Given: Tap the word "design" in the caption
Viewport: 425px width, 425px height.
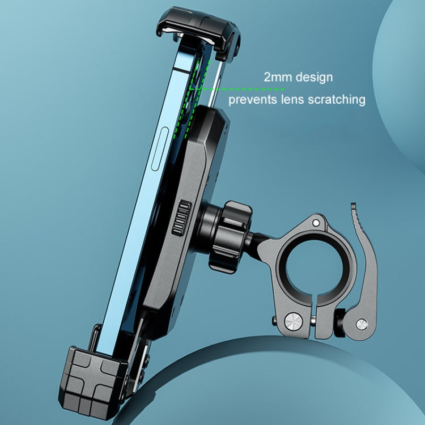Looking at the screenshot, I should (x=313, y=78).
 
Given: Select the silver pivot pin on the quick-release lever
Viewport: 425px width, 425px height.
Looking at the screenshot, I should (x=360, y=324).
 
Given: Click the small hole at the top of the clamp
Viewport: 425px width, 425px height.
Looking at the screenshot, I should (x=317, y=224).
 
